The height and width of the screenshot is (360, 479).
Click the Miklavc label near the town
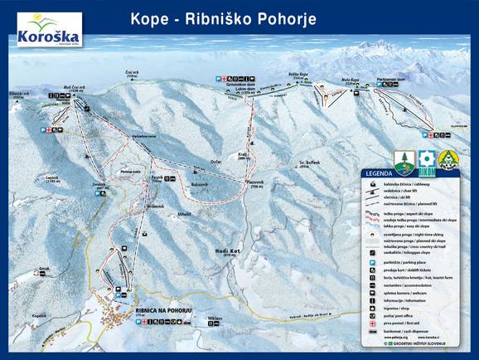[x=215, y=318]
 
